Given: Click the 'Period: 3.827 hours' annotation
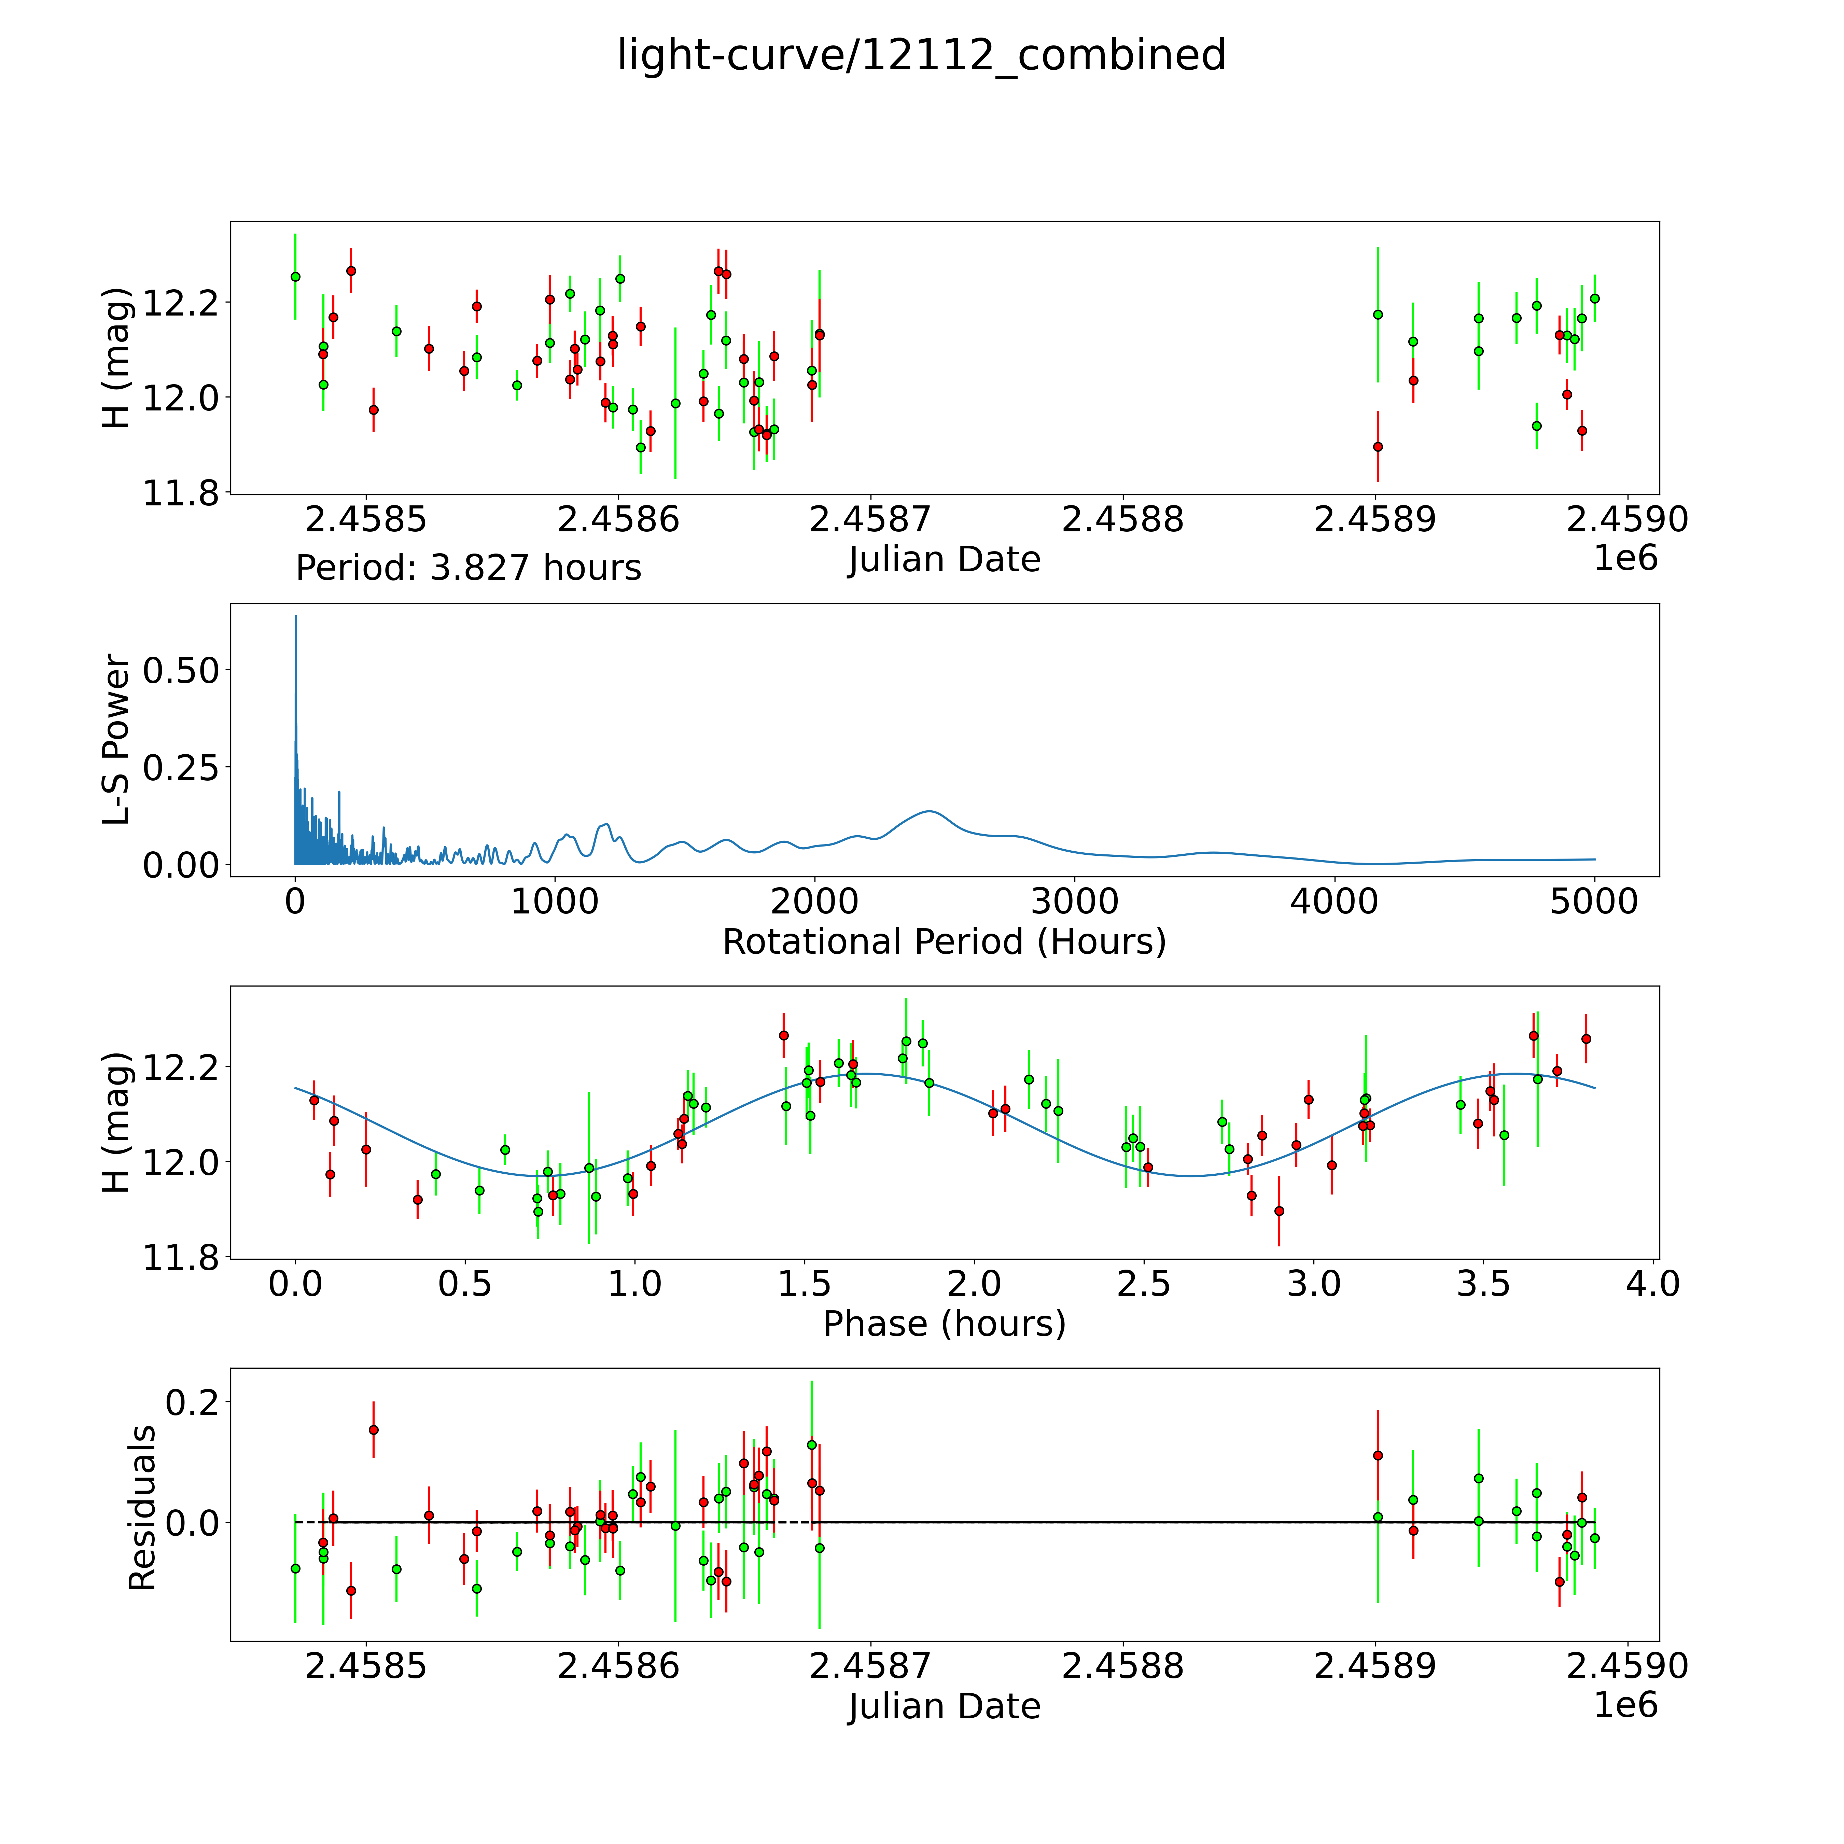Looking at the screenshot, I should tap(468, 568).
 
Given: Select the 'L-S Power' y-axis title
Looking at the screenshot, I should tap(116, 740).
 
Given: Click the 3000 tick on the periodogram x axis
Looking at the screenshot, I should tap(1075, 901).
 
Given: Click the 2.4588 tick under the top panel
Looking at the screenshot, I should tap(1122, 519).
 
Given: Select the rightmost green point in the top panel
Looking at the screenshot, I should tap(1594, 299).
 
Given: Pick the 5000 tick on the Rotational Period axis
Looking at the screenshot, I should tap(1594, 901).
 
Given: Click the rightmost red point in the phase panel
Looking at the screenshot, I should tap(1586, 1038).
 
